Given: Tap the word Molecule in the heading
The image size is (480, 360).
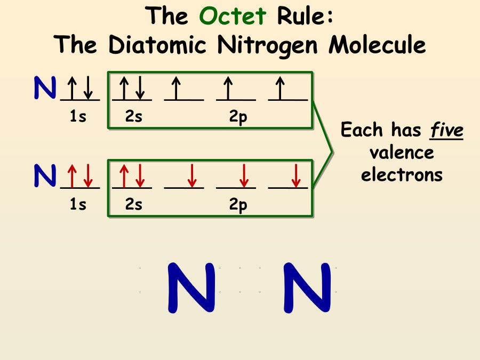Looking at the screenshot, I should (x=377, y=45).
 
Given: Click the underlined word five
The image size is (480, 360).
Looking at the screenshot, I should (x=446, y=130).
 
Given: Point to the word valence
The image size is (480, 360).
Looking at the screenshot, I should (x=402, y=153).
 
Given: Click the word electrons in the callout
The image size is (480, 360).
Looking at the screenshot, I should (x=402, y=174).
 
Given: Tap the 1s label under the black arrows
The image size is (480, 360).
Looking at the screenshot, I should (x=78, y=117).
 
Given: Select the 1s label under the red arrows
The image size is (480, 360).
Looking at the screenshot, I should (x=78, y=205).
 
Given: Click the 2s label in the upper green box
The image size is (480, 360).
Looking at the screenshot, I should (x=134, y=117).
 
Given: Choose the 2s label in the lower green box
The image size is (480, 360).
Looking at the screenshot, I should (x=134, y=205).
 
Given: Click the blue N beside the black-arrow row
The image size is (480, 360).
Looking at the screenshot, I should (x=45, y=88).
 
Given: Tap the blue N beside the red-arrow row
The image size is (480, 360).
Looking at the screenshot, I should (x=45, y=175).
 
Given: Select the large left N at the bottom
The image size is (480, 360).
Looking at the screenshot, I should (x=191, y=287).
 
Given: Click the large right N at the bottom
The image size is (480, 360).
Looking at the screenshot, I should (x=307, y=287).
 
